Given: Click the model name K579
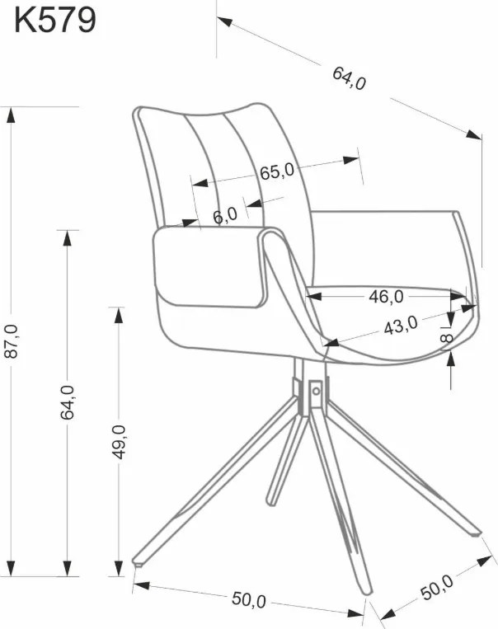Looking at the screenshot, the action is click(55, 21).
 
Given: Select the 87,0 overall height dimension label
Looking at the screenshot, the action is click(12, 341).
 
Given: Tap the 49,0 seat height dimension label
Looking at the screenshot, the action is click(119, 442).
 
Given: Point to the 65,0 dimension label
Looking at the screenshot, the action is click(277, 171).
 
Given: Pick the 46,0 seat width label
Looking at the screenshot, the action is click(386, 297).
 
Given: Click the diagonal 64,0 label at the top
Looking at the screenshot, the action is click(349, 78).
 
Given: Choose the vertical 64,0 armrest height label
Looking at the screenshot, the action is click(68, 402).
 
